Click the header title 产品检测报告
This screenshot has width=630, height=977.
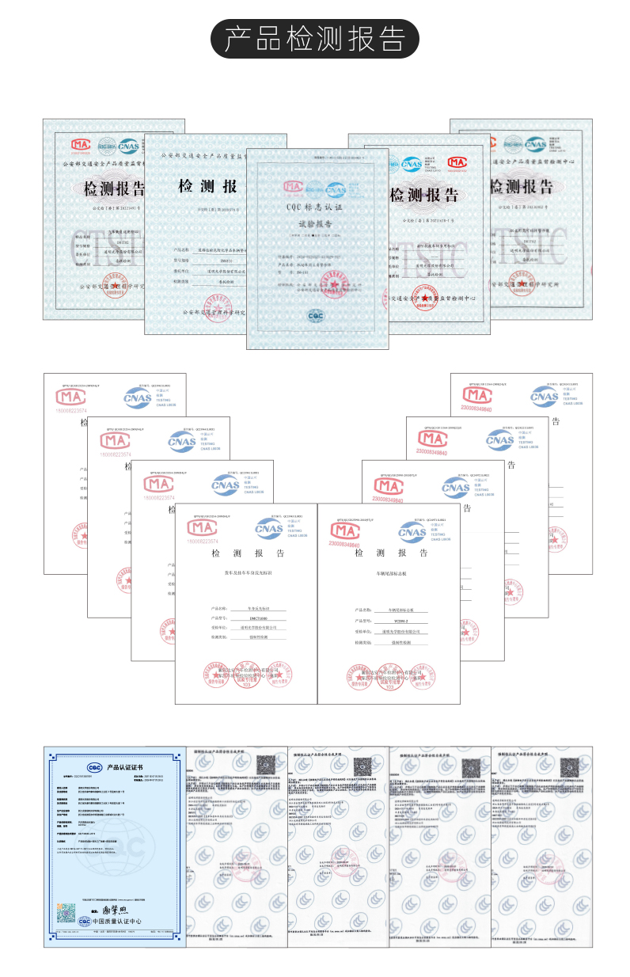(315, 39)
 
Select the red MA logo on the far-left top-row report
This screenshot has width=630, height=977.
(81, 145)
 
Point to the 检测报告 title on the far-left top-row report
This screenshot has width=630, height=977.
(115, 189)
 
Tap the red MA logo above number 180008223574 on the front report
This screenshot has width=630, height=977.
(201, 527)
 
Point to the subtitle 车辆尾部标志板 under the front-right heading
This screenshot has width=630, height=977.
(389, 572)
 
